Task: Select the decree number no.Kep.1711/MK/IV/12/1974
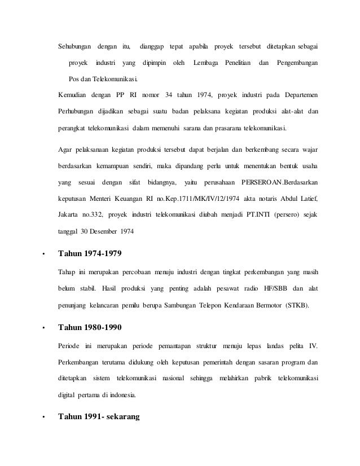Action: (x=210, y=199)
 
